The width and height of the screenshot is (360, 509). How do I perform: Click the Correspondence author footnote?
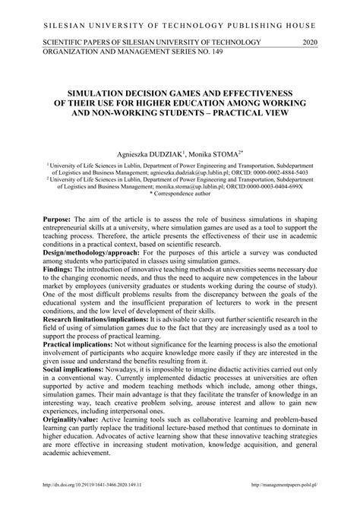pos(181,196)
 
